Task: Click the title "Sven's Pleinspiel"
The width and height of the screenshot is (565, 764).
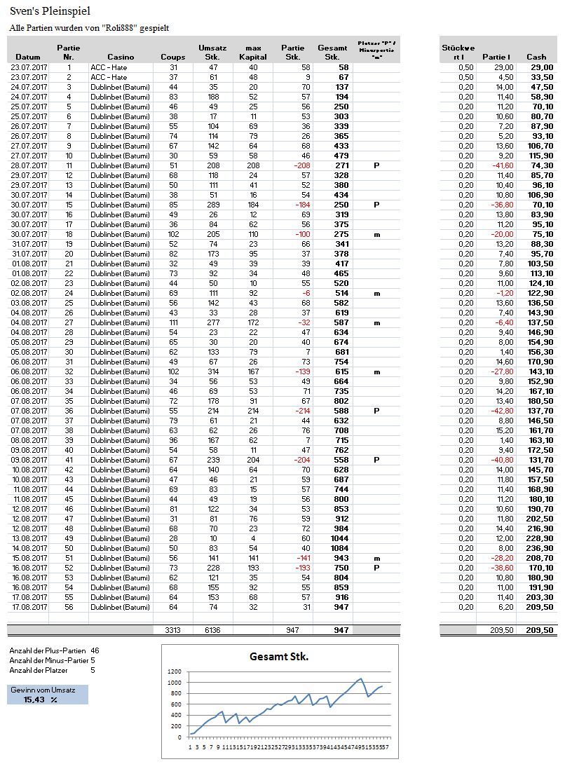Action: click(50, 12)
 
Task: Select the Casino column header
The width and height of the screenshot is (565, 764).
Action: click(121, 56)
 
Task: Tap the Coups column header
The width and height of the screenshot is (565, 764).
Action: click(173, 56)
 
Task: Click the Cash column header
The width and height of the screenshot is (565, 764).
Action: click(536, 56)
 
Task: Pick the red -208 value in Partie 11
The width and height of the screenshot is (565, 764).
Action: click(300, 165)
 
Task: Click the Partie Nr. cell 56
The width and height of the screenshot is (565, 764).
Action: click(69, 606)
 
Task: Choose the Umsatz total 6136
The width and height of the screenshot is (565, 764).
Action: click(209, 630)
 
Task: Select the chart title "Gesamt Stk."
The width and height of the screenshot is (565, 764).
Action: click(280, 657)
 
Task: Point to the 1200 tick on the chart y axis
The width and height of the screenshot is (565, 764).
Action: click(175, 672)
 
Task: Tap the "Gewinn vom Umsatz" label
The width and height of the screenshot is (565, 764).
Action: click(39, 690)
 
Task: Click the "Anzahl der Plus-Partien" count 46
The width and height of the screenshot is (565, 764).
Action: click(95, 650)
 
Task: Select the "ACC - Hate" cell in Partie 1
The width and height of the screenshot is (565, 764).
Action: click(109, 67)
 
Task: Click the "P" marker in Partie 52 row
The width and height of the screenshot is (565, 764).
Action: click(376, 567)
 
